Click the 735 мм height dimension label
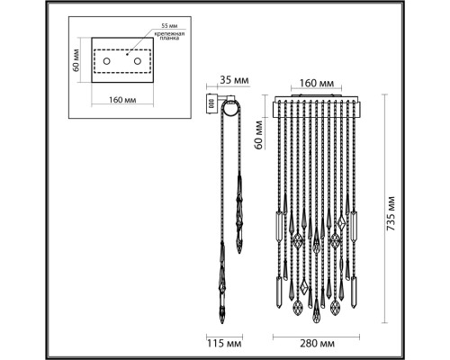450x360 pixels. pyautogui.click(x=391, y=213)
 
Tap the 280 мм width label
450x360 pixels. pyautogui.click(x=317, y=344)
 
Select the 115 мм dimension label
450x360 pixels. pyautogui.click(x=224, y=344)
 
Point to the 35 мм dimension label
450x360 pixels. pyautogui.click(x=234, y=80)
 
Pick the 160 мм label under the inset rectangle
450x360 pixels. pyautogui.click(x=122, y=100)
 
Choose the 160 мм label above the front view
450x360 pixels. pyautogui.click(x=317, y=83)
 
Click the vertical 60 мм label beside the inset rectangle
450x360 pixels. pyautogui.click(x=76, y=60)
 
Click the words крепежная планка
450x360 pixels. pyautogui.click(x=169, y=36)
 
